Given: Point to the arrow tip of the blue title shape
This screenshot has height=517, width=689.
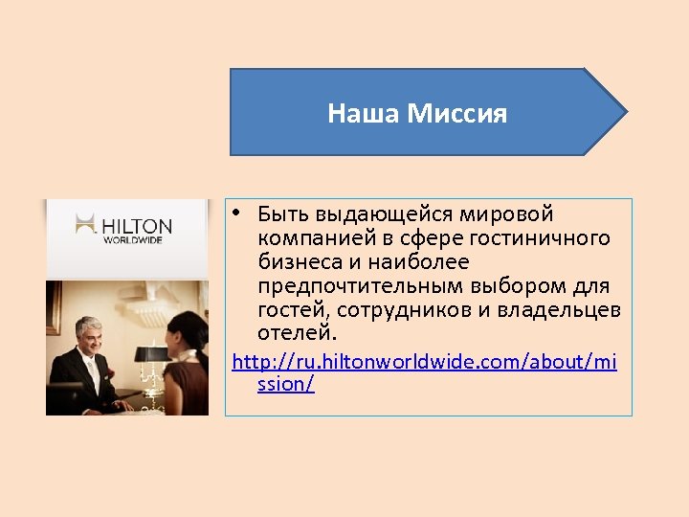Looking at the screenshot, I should [626, 112].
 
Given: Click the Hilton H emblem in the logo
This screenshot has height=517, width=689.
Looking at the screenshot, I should [87, 227].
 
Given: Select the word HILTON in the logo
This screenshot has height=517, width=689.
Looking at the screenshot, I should [137, 227].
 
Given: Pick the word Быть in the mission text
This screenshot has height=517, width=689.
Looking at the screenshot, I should [283, 214].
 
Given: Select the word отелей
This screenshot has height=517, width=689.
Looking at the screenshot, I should [297, 333].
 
